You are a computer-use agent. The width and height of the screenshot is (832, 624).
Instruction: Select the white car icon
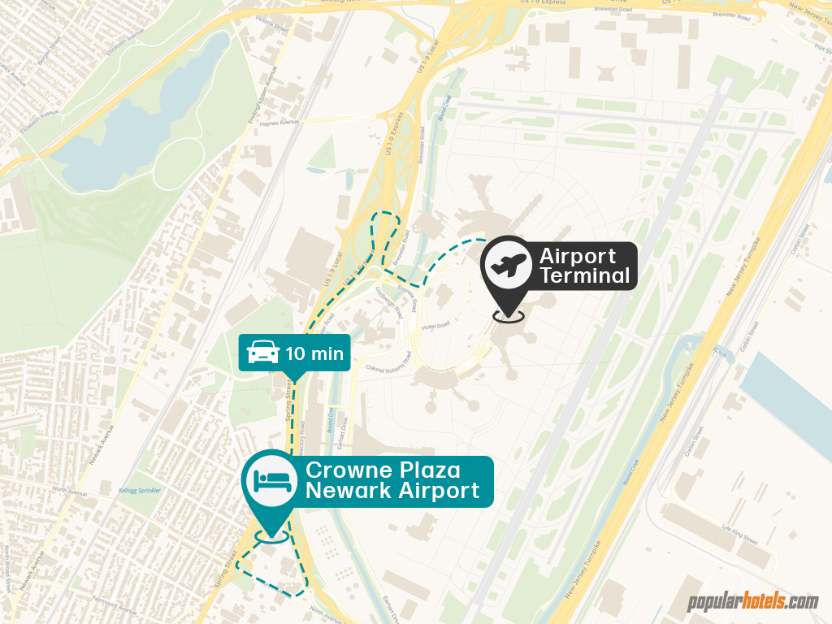pos(262,353)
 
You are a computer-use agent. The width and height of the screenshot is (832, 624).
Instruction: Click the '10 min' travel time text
pos(314,354)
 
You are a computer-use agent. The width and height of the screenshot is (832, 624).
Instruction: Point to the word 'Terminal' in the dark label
pos(585,276)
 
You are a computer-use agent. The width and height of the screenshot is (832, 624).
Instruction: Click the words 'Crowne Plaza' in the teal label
pos(383,470)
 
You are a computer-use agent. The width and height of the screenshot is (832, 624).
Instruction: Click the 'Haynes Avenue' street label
pos(279,123)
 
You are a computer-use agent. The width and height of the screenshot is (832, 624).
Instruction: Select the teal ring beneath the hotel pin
pos(271,535)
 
